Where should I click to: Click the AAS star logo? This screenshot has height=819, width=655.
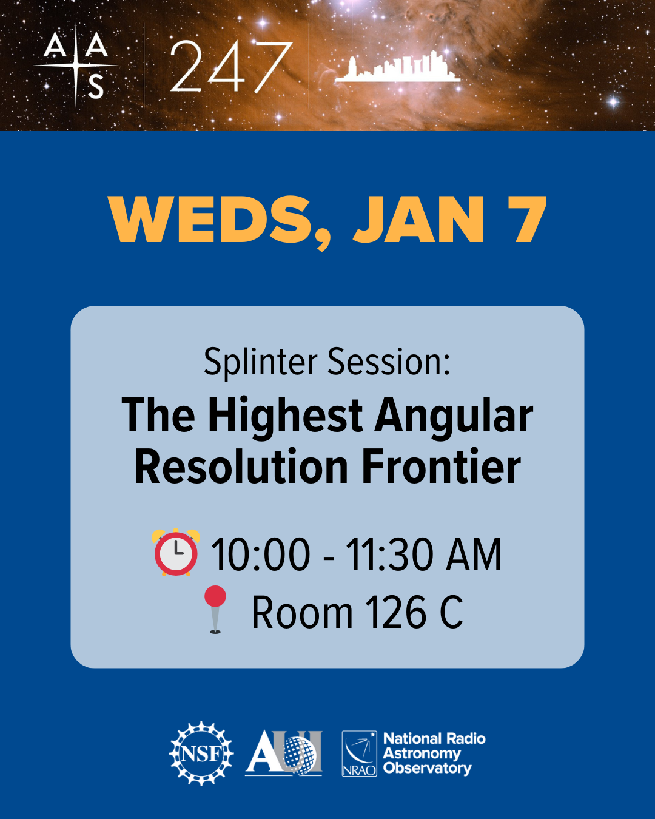pos(76,66)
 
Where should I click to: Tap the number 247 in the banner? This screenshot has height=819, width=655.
pos(231,67)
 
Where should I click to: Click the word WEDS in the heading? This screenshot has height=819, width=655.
pos(209,220)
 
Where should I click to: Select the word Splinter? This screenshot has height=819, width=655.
pos(261,362)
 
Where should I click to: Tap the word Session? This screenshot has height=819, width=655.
pos(389,362)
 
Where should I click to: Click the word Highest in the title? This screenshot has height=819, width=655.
pos(285,416)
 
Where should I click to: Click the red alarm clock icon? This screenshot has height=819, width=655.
pos(176,552)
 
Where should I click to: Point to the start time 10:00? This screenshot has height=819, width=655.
pos(261,554)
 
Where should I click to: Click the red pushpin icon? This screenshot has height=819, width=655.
pos(215,609)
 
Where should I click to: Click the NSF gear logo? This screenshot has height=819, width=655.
pos(201,753)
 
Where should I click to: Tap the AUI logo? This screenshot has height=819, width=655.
pos(284,753)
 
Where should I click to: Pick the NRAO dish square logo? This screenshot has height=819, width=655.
pos(359,753)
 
